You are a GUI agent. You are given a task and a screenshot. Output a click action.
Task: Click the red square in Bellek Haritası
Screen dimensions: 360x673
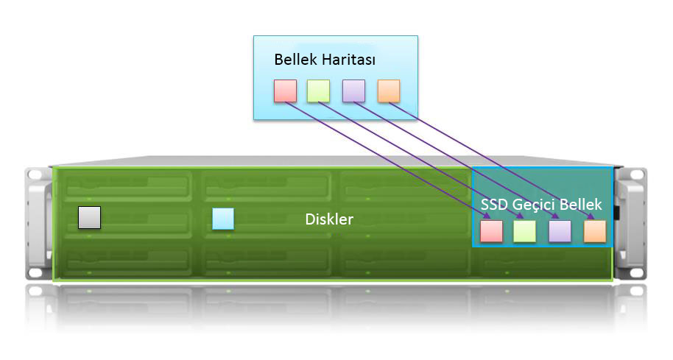[x=285, y=91]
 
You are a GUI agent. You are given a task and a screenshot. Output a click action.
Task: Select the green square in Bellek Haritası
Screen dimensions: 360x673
[x=318, y=91]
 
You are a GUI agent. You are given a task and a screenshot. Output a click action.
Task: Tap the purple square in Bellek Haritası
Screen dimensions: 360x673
[x=354, y=91]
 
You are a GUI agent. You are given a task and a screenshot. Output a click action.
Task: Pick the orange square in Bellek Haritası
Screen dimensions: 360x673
[x=388, y=91]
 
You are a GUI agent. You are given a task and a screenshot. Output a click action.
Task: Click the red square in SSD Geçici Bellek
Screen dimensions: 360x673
[x=490, y=231]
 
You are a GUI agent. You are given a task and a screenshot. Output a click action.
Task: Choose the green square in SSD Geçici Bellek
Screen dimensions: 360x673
[x=524, y=231]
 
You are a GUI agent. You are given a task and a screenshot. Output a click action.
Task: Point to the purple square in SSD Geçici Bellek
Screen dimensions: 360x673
[x=560, y=231]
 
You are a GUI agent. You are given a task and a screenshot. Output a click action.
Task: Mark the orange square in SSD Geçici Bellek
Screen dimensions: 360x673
[x=594, y=231]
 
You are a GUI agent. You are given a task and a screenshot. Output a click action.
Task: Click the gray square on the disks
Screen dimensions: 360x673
[x=89, y=218]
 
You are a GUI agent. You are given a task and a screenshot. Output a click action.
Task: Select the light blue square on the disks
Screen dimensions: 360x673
[x=222, y=219]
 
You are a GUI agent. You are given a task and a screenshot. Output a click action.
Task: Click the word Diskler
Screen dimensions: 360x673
[x=329, y=219]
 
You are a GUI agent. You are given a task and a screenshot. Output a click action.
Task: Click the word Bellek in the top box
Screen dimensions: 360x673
[x=295, y=59]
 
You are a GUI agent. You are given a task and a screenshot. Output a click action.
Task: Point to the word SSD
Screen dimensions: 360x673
[x=495, y=205]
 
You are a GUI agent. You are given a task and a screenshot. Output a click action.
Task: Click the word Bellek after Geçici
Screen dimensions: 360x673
[x=583, y=205]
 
